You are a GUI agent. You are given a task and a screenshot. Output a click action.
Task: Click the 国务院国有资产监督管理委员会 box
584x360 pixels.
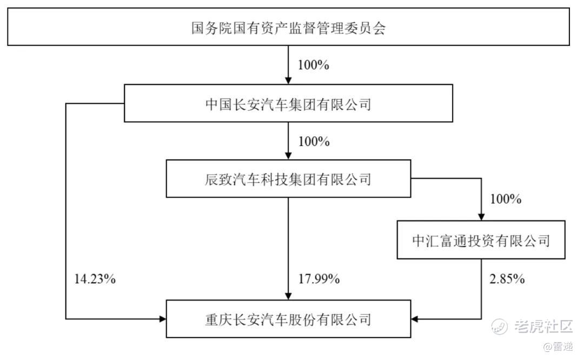click(x=288, y=27)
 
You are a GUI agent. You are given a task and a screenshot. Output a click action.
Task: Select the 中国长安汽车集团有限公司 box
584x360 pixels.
click(x=288, y=103)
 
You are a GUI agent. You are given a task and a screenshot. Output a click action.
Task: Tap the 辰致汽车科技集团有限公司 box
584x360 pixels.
click(x=288, y=179)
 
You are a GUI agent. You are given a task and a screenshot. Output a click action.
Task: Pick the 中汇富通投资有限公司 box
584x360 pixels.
click(x=481, y=240)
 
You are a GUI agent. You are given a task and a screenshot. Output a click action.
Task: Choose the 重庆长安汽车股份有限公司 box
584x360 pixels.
click(x=288, y=319)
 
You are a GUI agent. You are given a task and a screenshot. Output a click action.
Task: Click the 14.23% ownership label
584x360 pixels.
click(x=95, y=278)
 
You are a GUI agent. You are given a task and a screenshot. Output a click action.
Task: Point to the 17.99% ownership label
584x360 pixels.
click(x=319, y=278)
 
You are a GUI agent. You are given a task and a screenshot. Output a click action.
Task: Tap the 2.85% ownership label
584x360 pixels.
click(x=507, y=278)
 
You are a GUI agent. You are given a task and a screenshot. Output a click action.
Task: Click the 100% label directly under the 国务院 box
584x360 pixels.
click(x=313, y=65)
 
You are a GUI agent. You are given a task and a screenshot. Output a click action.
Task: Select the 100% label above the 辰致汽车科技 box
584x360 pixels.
click(x=314, y=142)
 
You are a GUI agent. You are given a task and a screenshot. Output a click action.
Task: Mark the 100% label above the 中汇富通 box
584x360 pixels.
click(x=506, y=199)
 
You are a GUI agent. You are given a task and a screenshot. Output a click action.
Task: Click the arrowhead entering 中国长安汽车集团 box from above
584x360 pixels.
click(x=288, y=81)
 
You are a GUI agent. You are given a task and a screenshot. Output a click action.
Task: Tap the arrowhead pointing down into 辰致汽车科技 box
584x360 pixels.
click(x=288, y=156)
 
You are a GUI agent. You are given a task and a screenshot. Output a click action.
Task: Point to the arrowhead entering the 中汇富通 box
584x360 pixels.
click(x=481, y=217)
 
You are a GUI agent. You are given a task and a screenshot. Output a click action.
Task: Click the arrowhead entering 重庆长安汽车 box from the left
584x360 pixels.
click(x=162, y=319)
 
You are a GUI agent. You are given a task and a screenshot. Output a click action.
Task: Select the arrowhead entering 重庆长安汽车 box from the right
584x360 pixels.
click(x=415, y=319)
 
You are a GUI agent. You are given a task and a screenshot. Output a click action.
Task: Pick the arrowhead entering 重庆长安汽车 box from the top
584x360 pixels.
click(x=288, y=296)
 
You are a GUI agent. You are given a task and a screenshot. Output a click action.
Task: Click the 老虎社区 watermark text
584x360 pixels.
click(x=543, y=326)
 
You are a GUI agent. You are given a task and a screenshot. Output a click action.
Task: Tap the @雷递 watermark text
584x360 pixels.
click(x=558, y=346)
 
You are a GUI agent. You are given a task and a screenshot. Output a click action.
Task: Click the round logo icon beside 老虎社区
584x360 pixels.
click(x=499, y=326)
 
